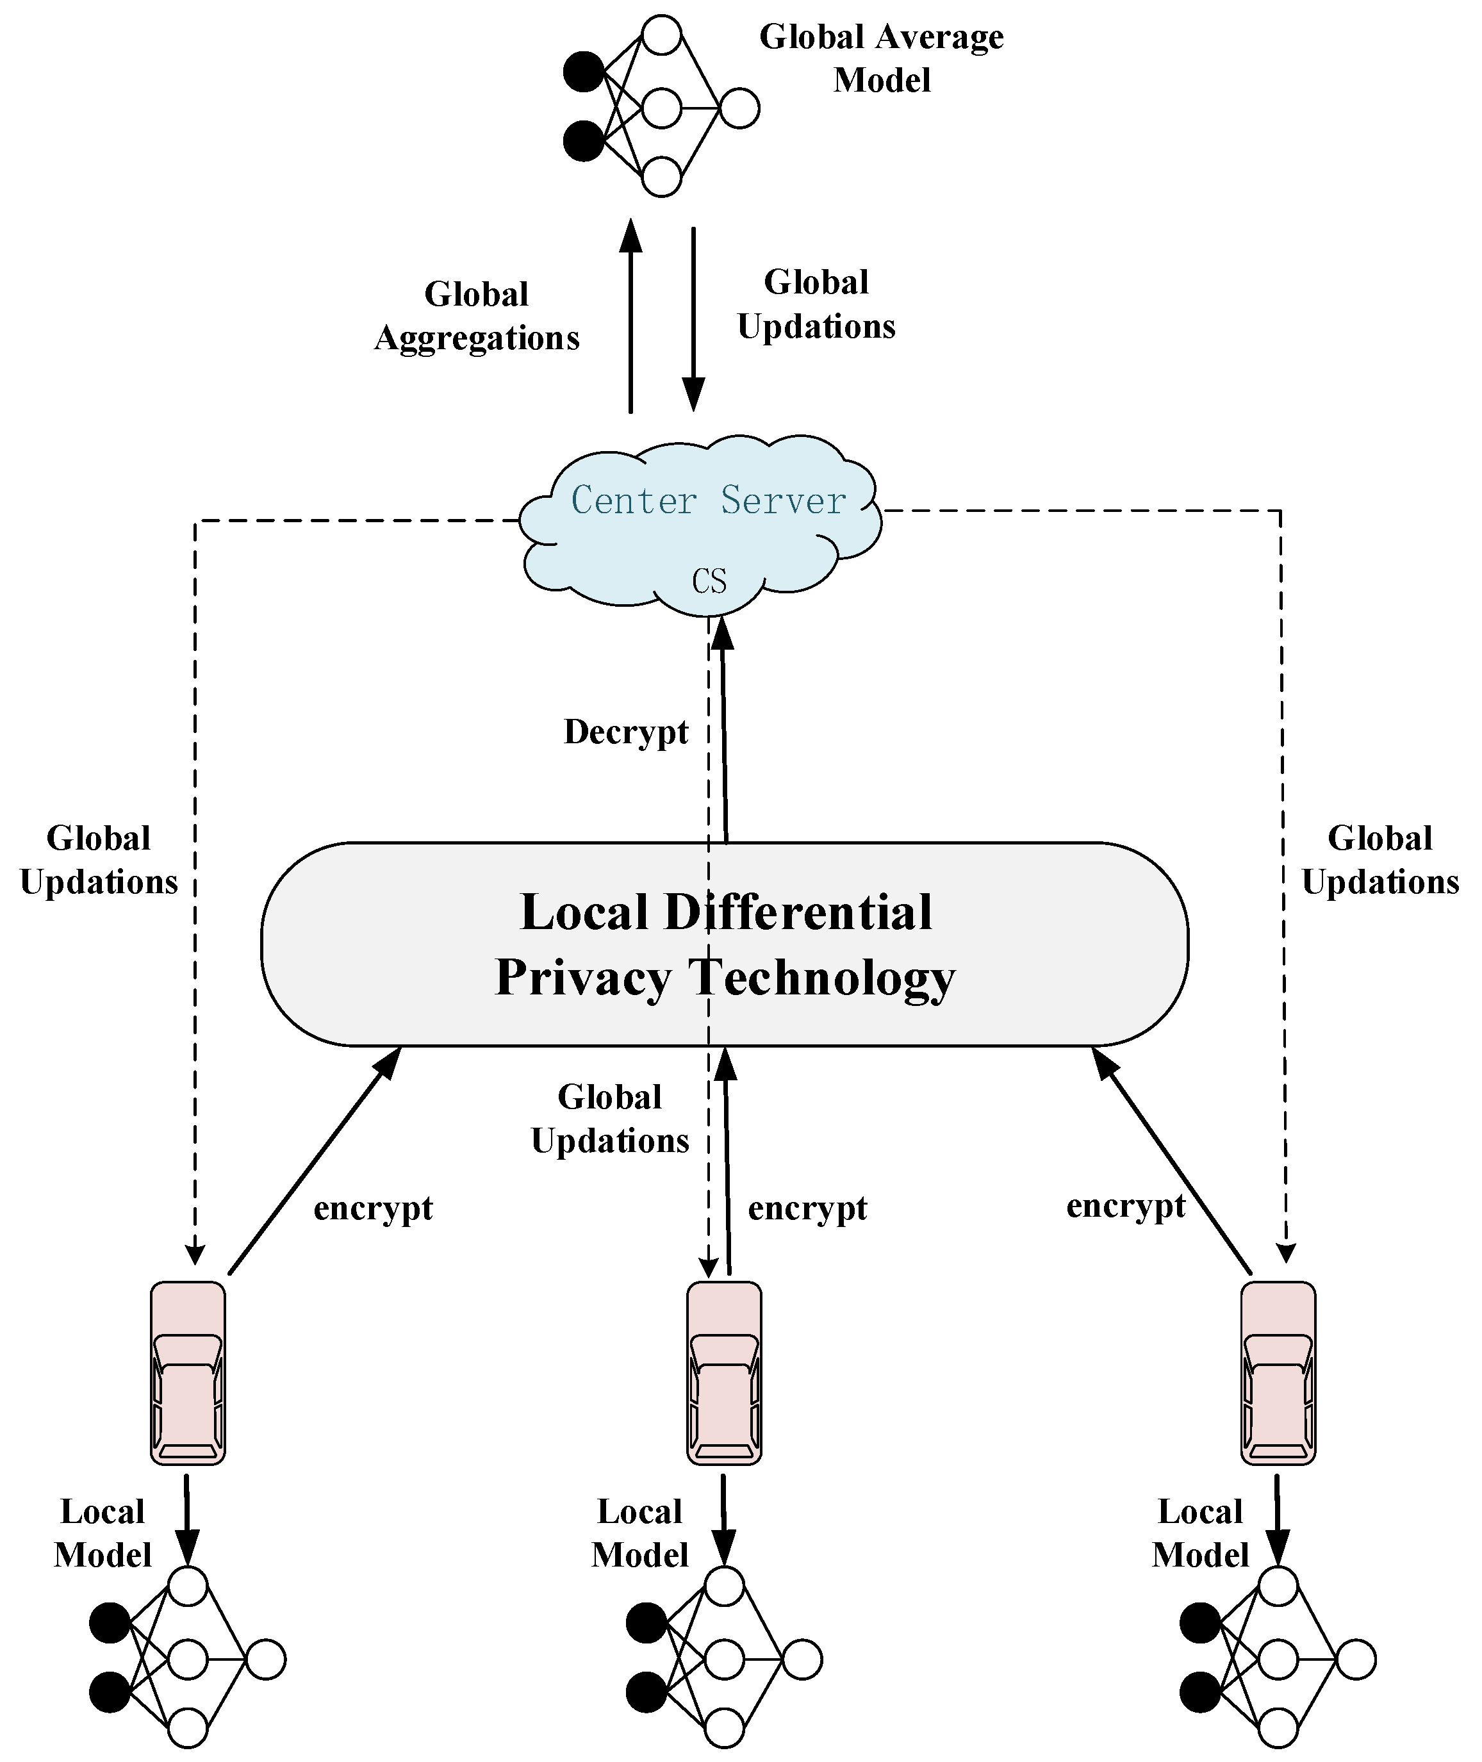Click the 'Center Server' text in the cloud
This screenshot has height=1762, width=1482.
(708, 501)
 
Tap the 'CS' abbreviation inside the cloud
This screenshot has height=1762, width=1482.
(709, 580)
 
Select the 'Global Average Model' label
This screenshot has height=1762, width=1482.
(881, 58)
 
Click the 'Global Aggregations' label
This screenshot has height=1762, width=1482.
(476, 316)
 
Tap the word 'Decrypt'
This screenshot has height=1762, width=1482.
(626, 732)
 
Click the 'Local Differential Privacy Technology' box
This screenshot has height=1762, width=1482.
(725, 944)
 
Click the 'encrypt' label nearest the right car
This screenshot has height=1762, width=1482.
(1126, 1206)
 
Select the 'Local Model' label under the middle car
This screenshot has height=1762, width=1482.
(639, 1533)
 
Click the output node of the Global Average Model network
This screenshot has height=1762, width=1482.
(739, 108)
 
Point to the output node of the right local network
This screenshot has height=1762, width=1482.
(1356, 1659)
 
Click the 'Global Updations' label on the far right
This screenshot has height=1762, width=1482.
(1380, 860)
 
